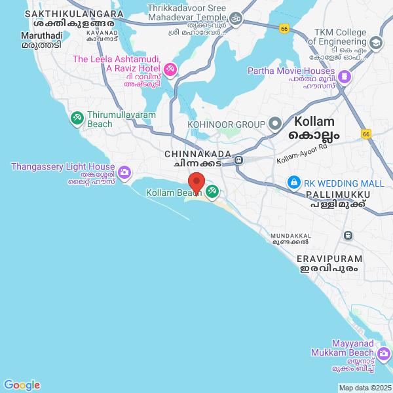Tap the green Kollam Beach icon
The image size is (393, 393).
[x=212, y=191]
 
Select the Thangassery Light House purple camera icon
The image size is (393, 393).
[x=124, y=173]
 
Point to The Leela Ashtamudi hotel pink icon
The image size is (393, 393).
[x=170, y=68]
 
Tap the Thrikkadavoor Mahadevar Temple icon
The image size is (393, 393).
[x=236, y=18]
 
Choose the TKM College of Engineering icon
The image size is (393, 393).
[x=375, y=44]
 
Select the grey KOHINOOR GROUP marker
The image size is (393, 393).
[x=274, y=124]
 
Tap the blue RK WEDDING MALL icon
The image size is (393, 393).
[x=294, y=182]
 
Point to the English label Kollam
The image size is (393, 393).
[x=314, y=122]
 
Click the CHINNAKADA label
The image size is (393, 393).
[x=198, y=154]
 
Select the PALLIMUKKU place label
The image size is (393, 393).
[x=338, y=195]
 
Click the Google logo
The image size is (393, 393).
[x=22, y=385]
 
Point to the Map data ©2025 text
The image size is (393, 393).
[x=364, y=388]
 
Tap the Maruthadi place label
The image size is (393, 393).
[x=42, y=35]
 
